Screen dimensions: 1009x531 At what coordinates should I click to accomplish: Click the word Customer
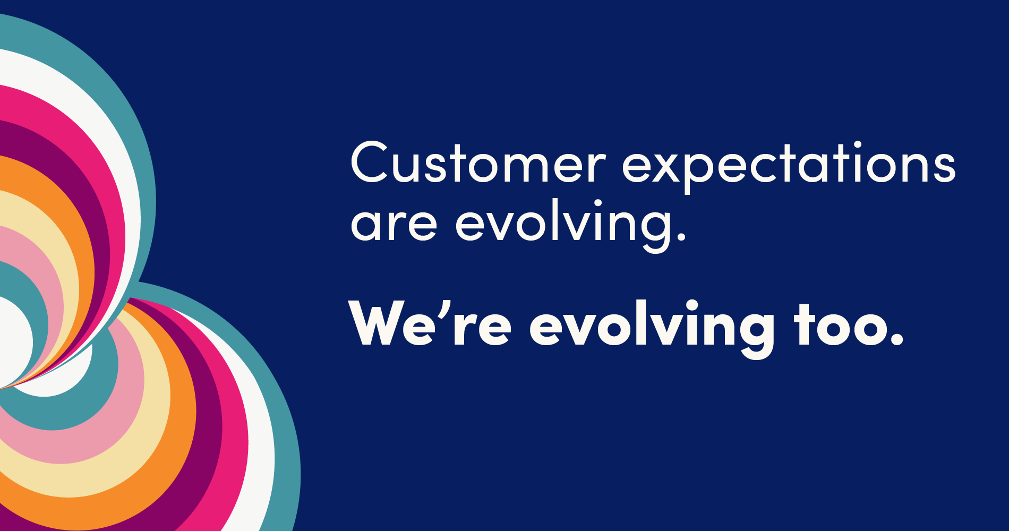pyautogui.click(x=477, y=162)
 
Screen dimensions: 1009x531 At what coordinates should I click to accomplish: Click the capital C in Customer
pyautogui.click(x=371, y=162)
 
